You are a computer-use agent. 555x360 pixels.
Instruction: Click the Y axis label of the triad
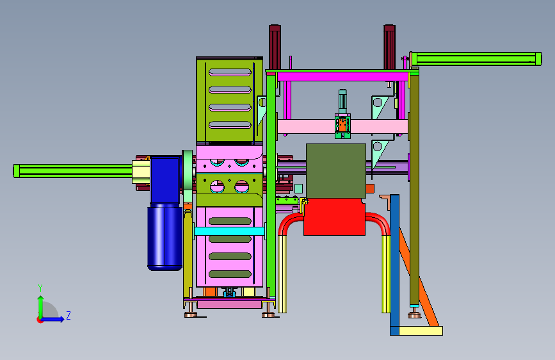click(40, 288)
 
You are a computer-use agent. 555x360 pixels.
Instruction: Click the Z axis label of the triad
click(68, 315)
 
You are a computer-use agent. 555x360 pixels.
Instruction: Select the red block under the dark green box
click(334, 217)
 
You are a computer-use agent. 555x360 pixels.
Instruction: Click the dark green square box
click(336, 171)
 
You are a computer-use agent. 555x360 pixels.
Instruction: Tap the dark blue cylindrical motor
click(165, 238)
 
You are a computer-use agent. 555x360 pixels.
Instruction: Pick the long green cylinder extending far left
click(73, 171)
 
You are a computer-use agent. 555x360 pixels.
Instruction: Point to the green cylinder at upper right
click(476, 59)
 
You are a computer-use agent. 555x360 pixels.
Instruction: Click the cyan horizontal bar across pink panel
click(229, 231)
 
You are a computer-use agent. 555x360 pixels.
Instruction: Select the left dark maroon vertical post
click(275, 47)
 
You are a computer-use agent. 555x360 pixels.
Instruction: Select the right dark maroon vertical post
click(389, 47)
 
